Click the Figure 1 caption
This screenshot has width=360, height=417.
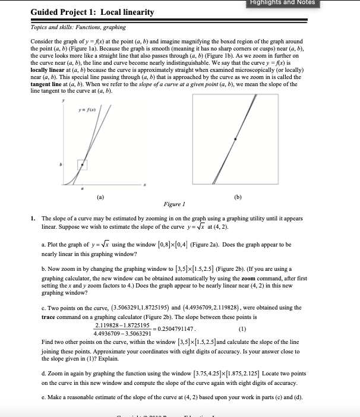click(172, 204)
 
